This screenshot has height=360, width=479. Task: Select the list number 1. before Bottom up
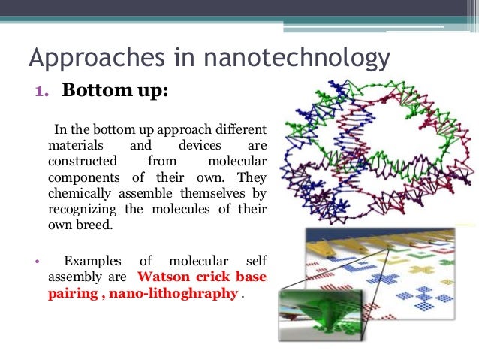pos(44,92)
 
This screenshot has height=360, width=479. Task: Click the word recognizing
pos(83,210)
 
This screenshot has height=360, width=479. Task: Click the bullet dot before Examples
pos(36,262)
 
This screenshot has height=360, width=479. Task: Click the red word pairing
pos(71,293)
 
